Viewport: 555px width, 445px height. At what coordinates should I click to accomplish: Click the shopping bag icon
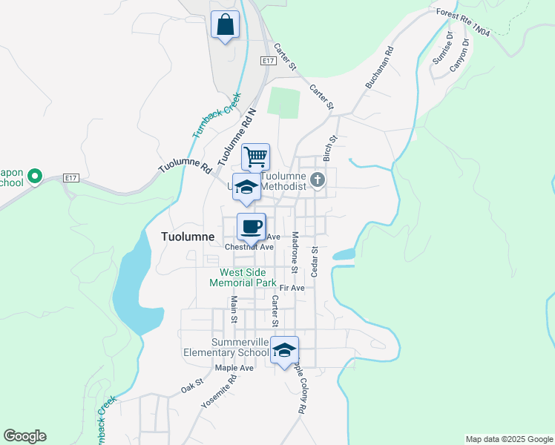tap(225, 25)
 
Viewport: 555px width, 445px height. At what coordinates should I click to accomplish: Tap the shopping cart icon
tap(254, 157)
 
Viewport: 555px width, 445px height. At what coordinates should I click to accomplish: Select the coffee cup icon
tap(251, 227)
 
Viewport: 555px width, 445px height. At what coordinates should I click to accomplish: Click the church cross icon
tap(318, 180)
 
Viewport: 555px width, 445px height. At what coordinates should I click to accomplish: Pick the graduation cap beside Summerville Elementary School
tap(283, 350)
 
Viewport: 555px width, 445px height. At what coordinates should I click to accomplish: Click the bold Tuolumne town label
tap(188, 237)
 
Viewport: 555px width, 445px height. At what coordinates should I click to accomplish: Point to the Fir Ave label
tap(292, 288)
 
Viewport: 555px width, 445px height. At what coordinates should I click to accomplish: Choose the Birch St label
tap(330, 148)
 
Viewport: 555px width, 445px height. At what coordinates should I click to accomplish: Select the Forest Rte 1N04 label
tap(463, 22)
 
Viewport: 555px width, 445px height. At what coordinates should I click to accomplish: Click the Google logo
tap(24, 436)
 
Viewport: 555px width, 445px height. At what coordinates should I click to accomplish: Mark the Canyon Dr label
tap(460, 53)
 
